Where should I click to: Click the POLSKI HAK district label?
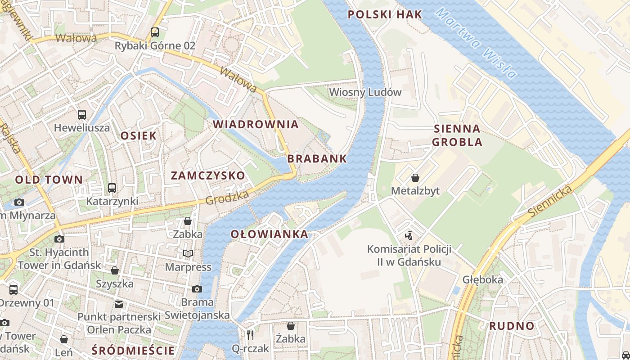pos(385,14)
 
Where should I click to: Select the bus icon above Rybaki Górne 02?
pos(155,32)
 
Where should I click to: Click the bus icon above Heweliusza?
pos(82,115)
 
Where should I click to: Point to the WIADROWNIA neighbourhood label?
pos(256,125)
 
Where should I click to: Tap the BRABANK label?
pos(317,158)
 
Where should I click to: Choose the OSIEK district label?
pos(139,135)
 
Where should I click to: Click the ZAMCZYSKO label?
pos(208,175)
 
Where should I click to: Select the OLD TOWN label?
pos(49,180)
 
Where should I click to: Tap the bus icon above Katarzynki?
pos(112,188)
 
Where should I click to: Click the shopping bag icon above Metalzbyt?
pos(415,178)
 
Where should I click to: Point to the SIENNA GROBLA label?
pos(457,135)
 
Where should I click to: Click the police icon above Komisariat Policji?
pos(409,235)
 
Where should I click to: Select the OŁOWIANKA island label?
pos(270,234)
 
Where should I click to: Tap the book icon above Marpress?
pos(188,254)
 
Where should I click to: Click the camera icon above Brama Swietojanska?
pos(197,289)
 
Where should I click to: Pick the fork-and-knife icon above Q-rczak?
pos(251,335)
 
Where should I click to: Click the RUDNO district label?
pos(512,326)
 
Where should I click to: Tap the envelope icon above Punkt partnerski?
pos(119,304)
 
